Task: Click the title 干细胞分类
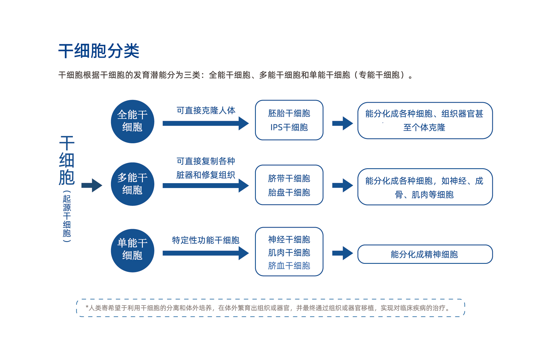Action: (99, 51)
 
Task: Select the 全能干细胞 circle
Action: (133, 121)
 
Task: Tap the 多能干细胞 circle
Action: (133, 184)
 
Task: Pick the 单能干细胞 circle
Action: (133, 250)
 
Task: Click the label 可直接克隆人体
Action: (206, 110)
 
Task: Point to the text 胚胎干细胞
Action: (289, 113)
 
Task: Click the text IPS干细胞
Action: (289, 127)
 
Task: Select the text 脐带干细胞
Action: (289, 178)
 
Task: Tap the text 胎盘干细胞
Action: (289, 192)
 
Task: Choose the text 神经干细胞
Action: (289, 239)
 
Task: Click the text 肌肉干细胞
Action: (289, 253)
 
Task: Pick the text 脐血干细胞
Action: (289, 266)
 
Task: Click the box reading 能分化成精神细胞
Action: (425, 254)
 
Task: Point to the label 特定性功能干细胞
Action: (206, 240)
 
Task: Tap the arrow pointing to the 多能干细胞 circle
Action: (92, 185)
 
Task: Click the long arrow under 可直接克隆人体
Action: (206, 123)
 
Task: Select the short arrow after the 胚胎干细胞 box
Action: (342, 123)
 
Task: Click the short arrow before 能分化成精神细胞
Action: (342, 253)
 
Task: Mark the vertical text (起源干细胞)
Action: (67, 216)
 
